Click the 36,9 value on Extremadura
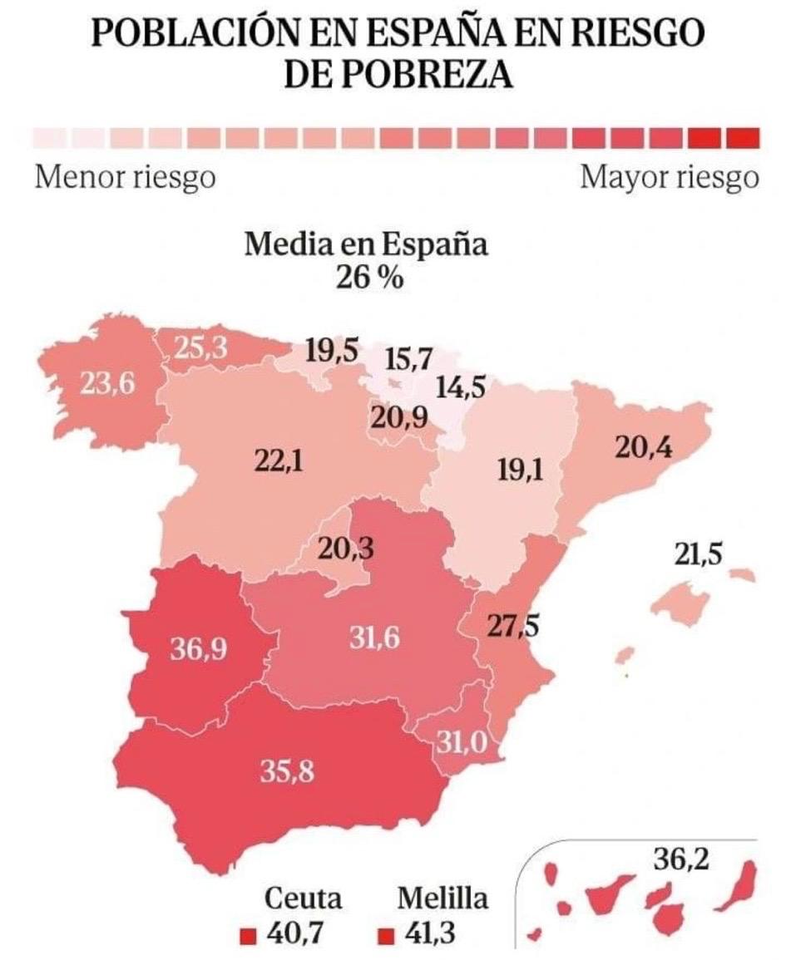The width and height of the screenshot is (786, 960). coord(199,649)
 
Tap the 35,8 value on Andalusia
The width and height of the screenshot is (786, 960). coord(287,772)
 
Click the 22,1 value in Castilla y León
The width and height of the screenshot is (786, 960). coord(279,460)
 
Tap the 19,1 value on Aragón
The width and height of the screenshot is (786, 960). coord(521,471)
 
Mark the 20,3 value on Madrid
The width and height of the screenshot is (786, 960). coord(345,549)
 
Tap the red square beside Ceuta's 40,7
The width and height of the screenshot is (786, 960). coord(247,936)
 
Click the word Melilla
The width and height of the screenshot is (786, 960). coord(442,898)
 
